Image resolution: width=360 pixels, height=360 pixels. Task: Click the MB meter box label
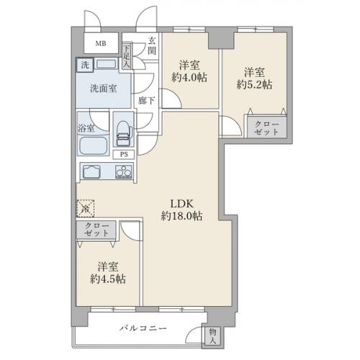101,44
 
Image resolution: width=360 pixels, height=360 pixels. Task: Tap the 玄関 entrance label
152,46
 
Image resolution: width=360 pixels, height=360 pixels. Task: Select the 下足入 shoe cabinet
127,56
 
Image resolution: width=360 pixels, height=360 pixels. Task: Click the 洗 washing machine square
85,65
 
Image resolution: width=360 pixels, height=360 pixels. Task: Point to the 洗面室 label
104,89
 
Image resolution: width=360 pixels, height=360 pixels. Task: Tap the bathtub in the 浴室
93,145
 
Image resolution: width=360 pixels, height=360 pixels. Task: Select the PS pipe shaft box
124,154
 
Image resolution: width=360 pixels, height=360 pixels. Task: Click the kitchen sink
91,171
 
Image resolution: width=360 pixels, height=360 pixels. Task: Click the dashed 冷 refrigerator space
85,209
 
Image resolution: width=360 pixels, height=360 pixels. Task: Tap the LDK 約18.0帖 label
181,210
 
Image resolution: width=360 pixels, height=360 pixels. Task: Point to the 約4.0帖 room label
189,71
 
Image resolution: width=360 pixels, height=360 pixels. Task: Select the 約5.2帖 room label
254,78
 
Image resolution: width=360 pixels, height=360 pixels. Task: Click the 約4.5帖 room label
108,273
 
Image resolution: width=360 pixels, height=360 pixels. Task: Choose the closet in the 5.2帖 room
267,127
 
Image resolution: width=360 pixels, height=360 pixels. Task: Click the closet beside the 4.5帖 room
96,230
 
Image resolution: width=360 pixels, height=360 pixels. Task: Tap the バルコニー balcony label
143,328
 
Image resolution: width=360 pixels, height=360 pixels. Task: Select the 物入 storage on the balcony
212,336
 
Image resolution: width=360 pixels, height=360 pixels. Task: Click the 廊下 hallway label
146,101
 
